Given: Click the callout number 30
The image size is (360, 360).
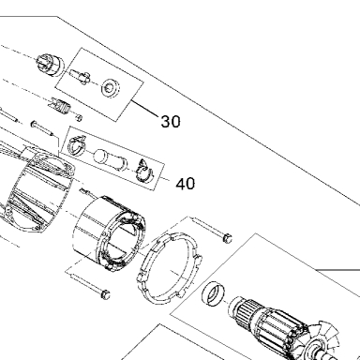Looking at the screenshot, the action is [x=171, y=121].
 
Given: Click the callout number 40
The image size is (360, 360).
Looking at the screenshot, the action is [x=186, y=184].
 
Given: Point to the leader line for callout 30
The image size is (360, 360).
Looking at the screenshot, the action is [x=145, y=109].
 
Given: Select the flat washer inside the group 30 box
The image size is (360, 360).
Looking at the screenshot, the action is [x=111, y=88].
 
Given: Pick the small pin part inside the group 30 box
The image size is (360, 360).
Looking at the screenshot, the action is [x=81, y=77].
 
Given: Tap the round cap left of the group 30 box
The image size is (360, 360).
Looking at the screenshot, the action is [x=50, y=65].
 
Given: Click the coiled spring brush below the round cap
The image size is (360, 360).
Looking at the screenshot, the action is [x=60, y=107].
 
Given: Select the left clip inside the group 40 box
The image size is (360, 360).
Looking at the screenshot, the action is [x=77, y=145].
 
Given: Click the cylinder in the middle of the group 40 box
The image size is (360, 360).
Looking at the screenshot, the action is [x=111, y=158].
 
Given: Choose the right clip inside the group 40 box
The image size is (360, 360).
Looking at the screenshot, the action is [x=144, y=172].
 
